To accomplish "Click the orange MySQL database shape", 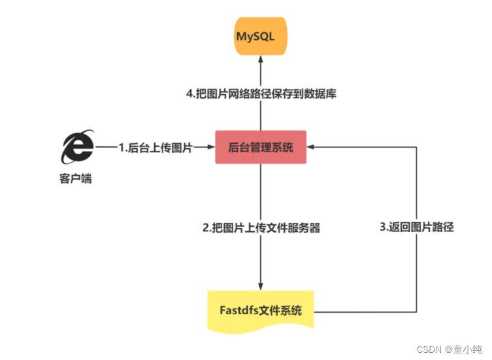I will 261,37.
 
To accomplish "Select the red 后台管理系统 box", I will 261,148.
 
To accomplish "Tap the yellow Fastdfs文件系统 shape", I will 261,310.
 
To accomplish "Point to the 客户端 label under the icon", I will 75,178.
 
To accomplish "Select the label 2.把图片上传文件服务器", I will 261,229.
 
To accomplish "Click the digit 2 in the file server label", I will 206,229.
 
